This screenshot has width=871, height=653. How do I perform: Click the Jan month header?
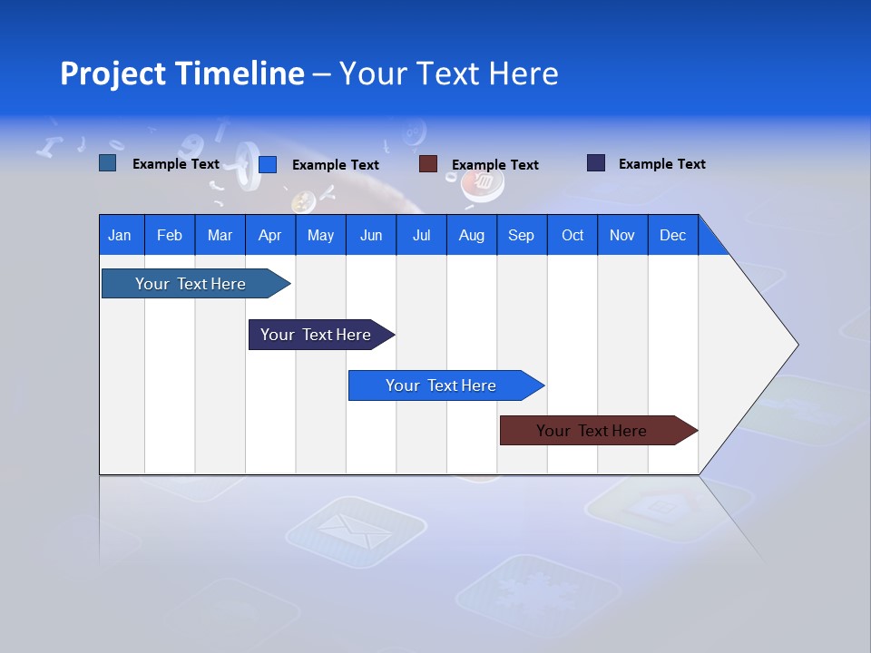coord(120,235)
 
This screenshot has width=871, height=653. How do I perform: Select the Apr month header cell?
coord(269,235)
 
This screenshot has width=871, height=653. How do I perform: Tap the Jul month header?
coord(421,235)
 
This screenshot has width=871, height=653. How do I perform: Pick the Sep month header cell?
coord(521,235)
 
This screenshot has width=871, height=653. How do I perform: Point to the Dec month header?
coord(672,235)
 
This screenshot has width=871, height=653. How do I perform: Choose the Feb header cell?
coord(170,235)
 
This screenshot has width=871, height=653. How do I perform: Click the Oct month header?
coord(572,235)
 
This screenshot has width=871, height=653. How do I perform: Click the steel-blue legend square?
coord(107,163)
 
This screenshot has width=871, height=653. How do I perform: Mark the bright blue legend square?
coord(267,164)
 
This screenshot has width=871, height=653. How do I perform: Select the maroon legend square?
coord(427,164)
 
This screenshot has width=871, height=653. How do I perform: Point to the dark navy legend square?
coord(595,163)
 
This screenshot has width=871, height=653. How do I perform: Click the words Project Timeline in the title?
coord(181,73)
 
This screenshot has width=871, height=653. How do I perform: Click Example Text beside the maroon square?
coord(494,165)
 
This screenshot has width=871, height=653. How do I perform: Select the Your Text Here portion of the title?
coord(448,73)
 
